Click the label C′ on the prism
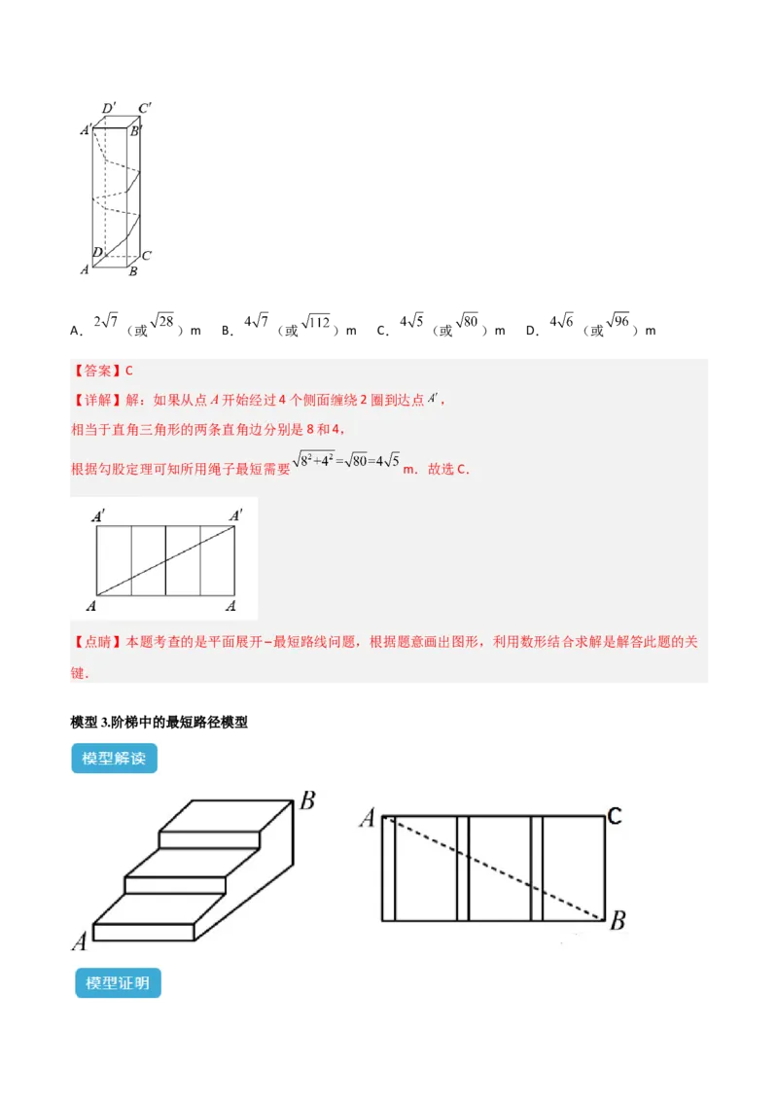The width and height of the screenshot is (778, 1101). click(x=144, y=107)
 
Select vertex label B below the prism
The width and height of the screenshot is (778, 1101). click(x=133, y=272)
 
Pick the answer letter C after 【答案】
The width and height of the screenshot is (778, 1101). click(x=128, y=371)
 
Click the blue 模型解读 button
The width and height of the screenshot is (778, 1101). click(x=114, y=759)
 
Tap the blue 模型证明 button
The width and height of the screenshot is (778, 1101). click(x=117, y=983)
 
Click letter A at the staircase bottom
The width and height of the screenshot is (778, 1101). click(x=79, y=941)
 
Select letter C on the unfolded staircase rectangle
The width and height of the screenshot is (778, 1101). click(x=614, y=816)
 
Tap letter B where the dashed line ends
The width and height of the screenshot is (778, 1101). click(x=617, y=920)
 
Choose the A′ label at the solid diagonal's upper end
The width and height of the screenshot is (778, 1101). click(x=234, y=515)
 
